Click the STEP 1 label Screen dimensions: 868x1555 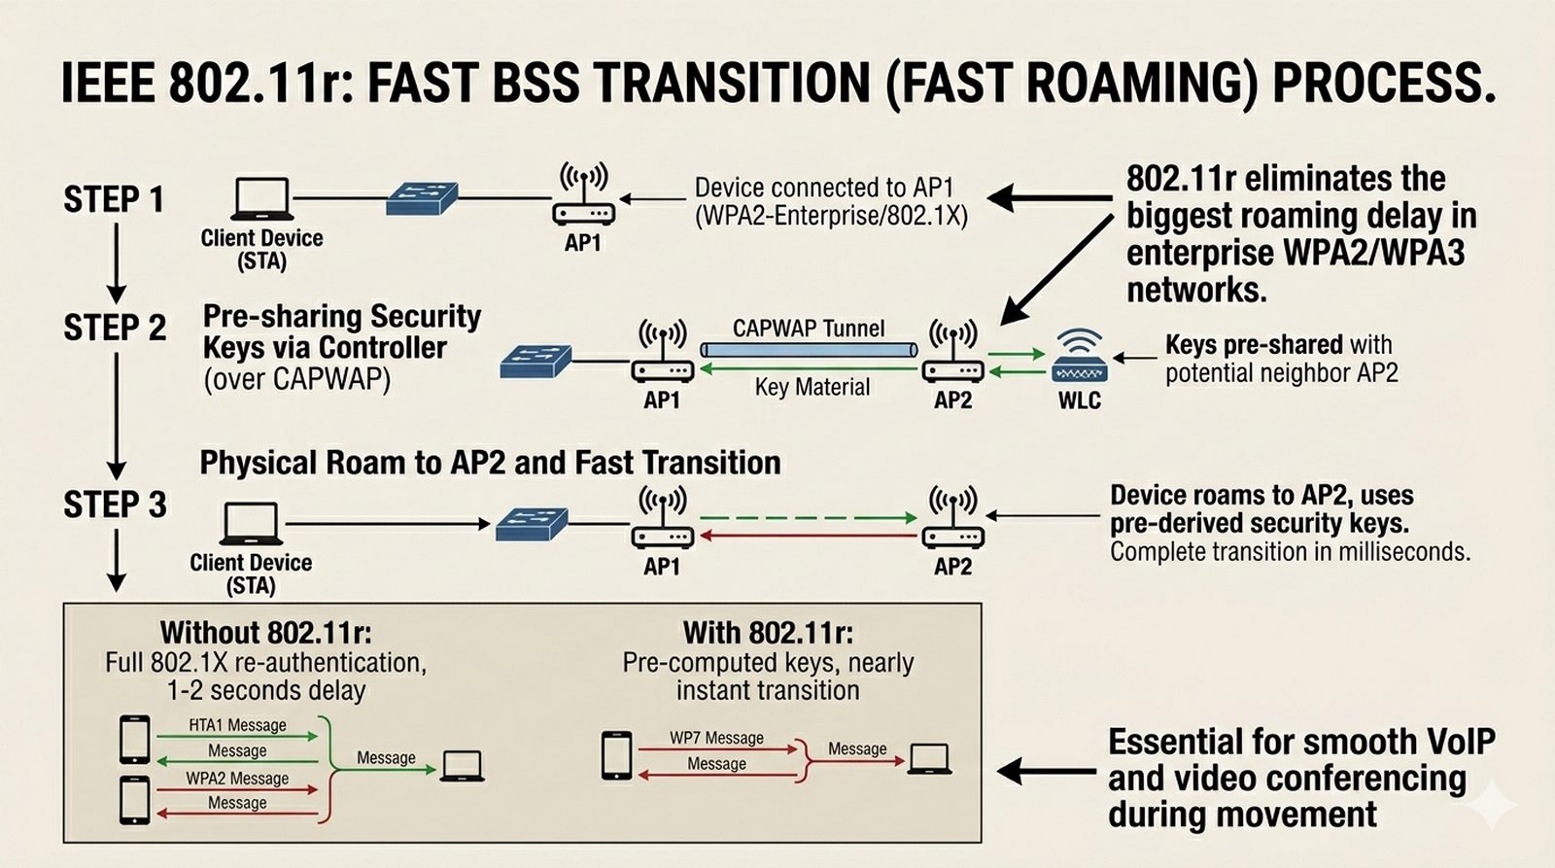tap(114, 199)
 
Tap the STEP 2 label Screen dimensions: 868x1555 tap(115, 328)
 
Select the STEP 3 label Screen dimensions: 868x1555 tap(115, 504)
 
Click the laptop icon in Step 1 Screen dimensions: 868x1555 tap(262, 199)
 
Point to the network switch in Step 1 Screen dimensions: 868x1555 tap(421, 198)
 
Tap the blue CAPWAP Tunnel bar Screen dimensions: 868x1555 tap(809, 350)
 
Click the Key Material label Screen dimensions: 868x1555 tap(812, 387)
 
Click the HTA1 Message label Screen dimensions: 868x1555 tap(237, 725)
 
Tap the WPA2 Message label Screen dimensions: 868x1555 tap(237, 779)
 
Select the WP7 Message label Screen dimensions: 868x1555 tap(716, 738)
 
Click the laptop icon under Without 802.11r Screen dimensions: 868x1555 tap(462, 766)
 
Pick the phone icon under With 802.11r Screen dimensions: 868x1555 tap(616, 755)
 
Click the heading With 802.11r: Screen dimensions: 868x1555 tap(768, 633)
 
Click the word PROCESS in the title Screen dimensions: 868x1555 tap(1384, 83)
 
